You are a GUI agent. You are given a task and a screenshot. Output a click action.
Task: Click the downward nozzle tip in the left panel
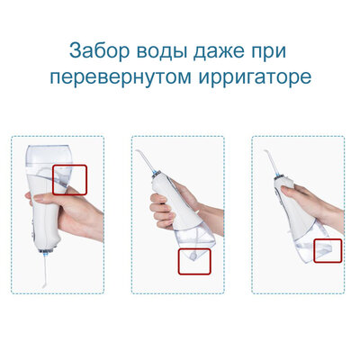(x=44, y=286)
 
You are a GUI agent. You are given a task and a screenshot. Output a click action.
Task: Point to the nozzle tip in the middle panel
(x=137, y=151)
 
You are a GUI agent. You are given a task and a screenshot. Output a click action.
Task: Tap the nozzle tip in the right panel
(x=265, y=151)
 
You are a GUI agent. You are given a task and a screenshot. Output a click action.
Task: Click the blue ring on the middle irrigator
(x=157, y=173)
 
